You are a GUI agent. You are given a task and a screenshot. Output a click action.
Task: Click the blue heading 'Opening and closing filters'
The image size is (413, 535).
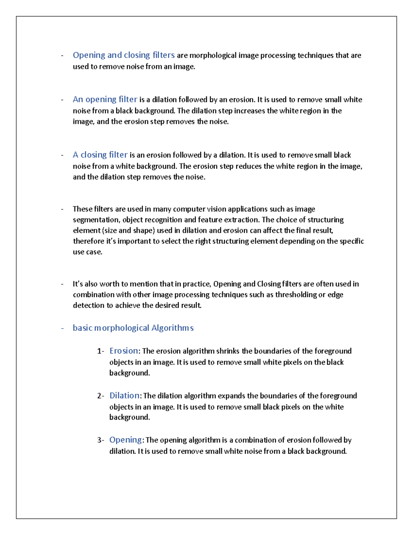pyautogui.click(x=124, y=55)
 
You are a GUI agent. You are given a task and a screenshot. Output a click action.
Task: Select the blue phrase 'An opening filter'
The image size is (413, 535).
pyautogui.click(x=105, y=100)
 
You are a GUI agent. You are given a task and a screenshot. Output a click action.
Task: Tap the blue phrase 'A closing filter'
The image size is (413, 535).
pyautogui.click(x=100, y=155)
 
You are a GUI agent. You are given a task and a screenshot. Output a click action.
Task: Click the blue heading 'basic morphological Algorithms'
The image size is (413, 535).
pyautogui.click(x=133, y=328)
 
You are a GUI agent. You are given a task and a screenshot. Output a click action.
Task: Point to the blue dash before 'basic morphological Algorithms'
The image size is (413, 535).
pyautogui.click(x=62, y=328)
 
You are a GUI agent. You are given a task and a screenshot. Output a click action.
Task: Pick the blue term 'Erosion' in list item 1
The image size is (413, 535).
pyautogui.click(x=124, y=351)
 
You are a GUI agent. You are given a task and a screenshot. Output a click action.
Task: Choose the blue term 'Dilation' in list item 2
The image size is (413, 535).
pyautogui.click(x=124, y=395)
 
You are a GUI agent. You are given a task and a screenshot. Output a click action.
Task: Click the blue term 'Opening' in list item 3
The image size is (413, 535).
pyautogui.click(x=125, y=440)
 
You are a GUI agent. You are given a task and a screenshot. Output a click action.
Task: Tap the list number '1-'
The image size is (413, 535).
pyautogui.click(x=100, y=351)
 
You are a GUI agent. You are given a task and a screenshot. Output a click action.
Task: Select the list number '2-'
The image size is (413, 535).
pyautogui.click(x=100, y=396)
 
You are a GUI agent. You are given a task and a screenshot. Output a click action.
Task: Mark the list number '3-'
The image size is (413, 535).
pyautogui.click(x=100, y=440)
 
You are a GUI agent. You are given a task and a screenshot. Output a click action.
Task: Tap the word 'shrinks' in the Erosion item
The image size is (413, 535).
pyautogui.click(x=228, y=351)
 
